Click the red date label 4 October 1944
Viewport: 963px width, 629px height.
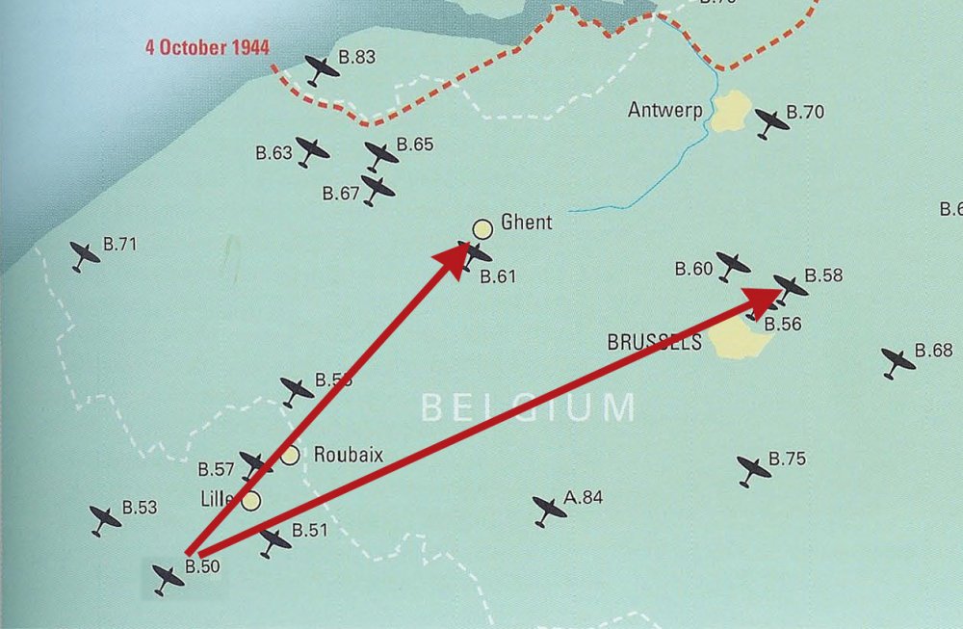[x=207, y=47]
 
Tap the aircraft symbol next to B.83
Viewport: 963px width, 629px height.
[x=323, y=69]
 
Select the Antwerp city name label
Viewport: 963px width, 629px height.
[x=665, y=110]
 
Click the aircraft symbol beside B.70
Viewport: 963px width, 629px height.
[x=772, y=122]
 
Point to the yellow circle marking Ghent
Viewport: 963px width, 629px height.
[x=482, y=228]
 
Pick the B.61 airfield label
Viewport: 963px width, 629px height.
[x=499, y=276]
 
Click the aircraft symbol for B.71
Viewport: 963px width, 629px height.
[x=86, y=256]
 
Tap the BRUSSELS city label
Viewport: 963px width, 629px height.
[x=655, y=342]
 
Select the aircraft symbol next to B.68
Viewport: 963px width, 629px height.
[x=898, y=362]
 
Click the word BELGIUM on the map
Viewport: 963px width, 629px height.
[x=529, y=407]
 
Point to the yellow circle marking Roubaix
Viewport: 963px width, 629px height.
[x=290, y=456]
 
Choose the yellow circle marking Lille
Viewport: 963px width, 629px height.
[x=250, y=501]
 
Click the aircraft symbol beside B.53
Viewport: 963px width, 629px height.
[x=106, y=519]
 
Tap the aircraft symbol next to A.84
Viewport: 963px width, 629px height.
[x=549, y=511]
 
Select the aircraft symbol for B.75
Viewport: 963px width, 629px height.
[x=754, y=470]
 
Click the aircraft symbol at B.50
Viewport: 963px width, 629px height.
[x=169, y=578]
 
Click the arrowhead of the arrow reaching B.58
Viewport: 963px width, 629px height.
[x=765, y=300]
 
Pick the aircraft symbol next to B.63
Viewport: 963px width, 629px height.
[x=312, y=151]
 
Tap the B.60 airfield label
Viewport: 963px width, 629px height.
[x=693, y=269]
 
